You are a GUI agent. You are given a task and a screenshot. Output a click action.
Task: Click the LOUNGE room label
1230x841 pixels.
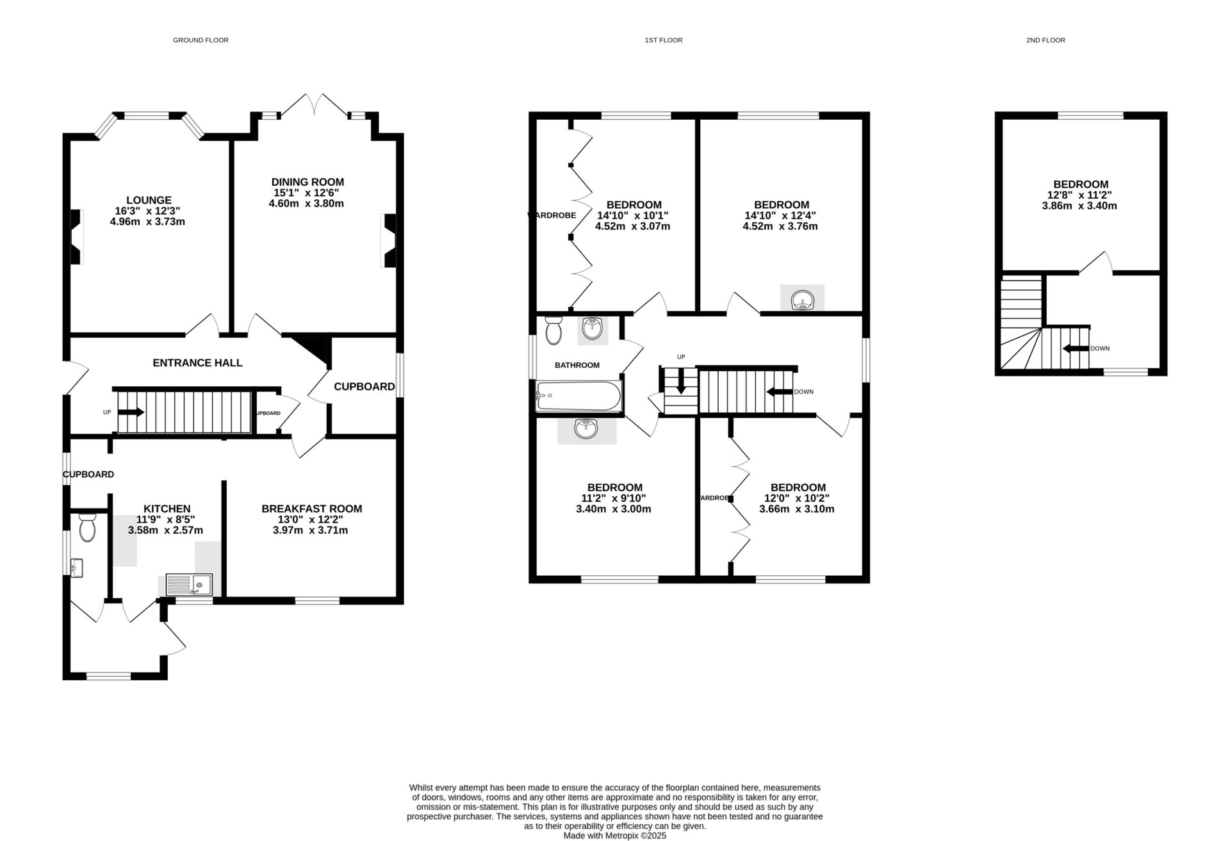click(149, 200)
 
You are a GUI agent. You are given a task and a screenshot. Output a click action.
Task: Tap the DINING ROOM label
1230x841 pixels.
click(307, 183)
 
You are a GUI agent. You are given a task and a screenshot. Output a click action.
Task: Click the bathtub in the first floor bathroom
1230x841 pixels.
click(578, 396)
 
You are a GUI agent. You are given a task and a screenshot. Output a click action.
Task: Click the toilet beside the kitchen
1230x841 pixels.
click(86, 528)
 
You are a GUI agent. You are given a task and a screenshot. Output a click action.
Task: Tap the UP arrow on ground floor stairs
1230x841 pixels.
click(131, 412)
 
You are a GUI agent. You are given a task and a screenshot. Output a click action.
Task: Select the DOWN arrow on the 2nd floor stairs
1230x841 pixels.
click(1076, 348)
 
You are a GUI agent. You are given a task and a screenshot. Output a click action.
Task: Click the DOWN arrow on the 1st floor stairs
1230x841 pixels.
click(779, 391)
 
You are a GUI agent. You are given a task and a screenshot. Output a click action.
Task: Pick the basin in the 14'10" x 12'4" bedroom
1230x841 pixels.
click(802, 300)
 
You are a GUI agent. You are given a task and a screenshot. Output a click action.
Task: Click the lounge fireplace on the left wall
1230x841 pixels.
click(76, 237)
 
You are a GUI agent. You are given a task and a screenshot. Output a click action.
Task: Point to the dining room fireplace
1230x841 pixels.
click(389, 240)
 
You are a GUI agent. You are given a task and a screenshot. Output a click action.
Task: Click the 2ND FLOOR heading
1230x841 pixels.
click(1045, 40)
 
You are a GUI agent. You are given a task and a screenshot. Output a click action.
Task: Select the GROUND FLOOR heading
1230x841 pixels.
click(201, 40)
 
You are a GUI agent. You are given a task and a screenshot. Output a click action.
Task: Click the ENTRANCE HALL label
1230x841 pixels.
click(197, 363)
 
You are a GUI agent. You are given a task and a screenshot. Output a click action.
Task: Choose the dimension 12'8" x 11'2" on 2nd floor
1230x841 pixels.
click(1079, 195)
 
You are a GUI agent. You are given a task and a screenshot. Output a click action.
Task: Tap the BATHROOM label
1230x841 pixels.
click(577, 365)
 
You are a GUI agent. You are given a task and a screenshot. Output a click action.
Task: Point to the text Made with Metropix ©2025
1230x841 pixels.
click(614, 835)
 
